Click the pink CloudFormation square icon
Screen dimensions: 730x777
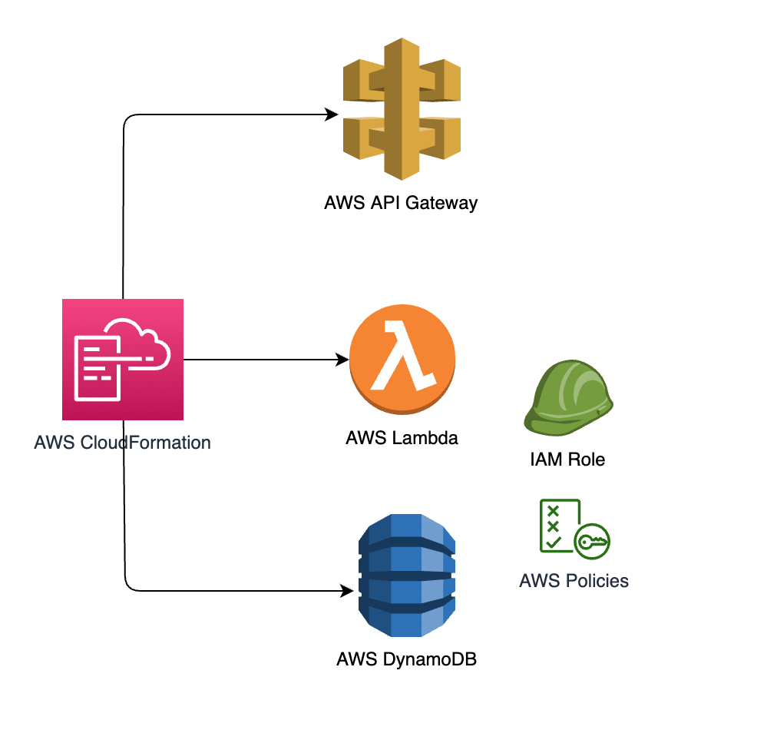(x=123, y=360)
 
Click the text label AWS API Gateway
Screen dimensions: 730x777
(x=401, y=204)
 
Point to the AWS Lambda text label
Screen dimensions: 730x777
(x=402, y=439)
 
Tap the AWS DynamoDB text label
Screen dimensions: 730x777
(x=407, y=659)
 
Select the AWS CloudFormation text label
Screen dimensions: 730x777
(x=123, y=443)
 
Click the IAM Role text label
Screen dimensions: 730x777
(x=567, y=460)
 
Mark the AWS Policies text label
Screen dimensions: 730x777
(x=574, y=580)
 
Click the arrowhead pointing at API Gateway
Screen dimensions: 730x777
(x=332, y=115)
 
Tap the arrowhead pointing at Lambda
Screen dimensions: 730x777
(x=342, y=360)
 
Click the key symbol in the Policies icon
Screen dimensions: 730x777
(x=593, y=542)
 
